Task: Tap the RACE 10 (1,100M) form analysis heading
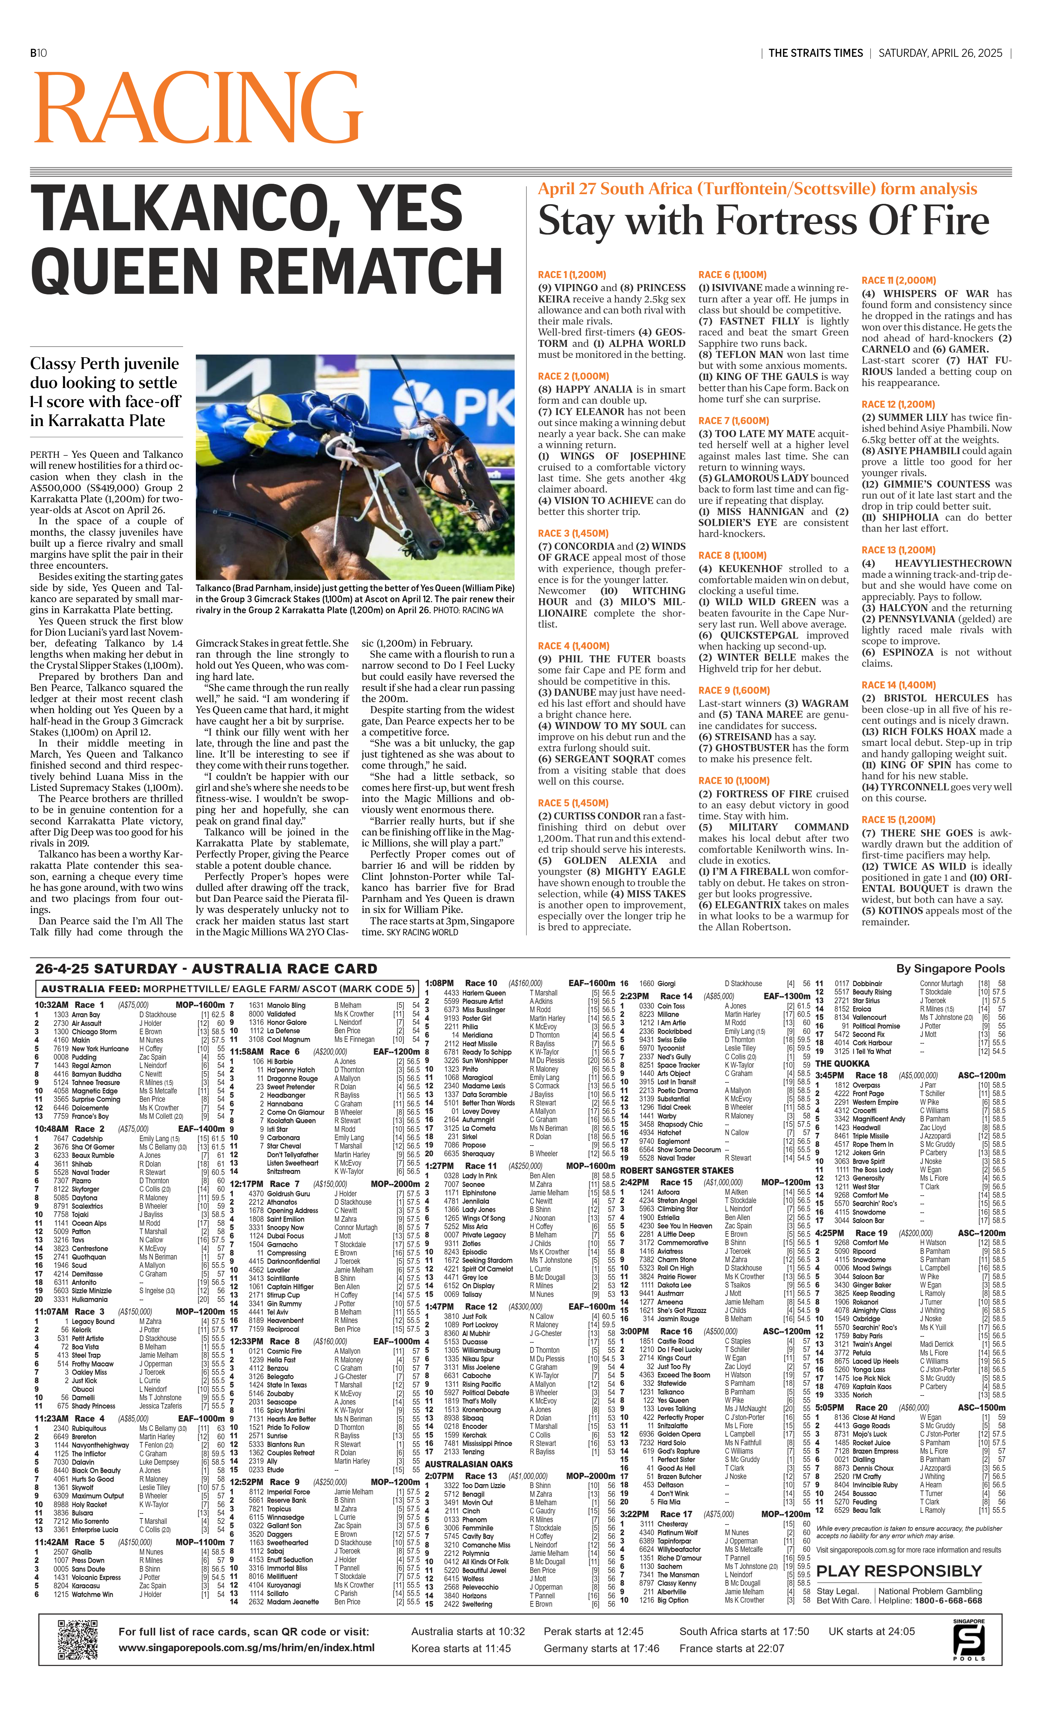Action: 733,780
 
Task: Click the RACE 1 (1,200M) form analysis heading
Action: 571,274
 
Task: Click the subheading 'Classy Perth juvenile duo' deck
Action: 105,392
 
